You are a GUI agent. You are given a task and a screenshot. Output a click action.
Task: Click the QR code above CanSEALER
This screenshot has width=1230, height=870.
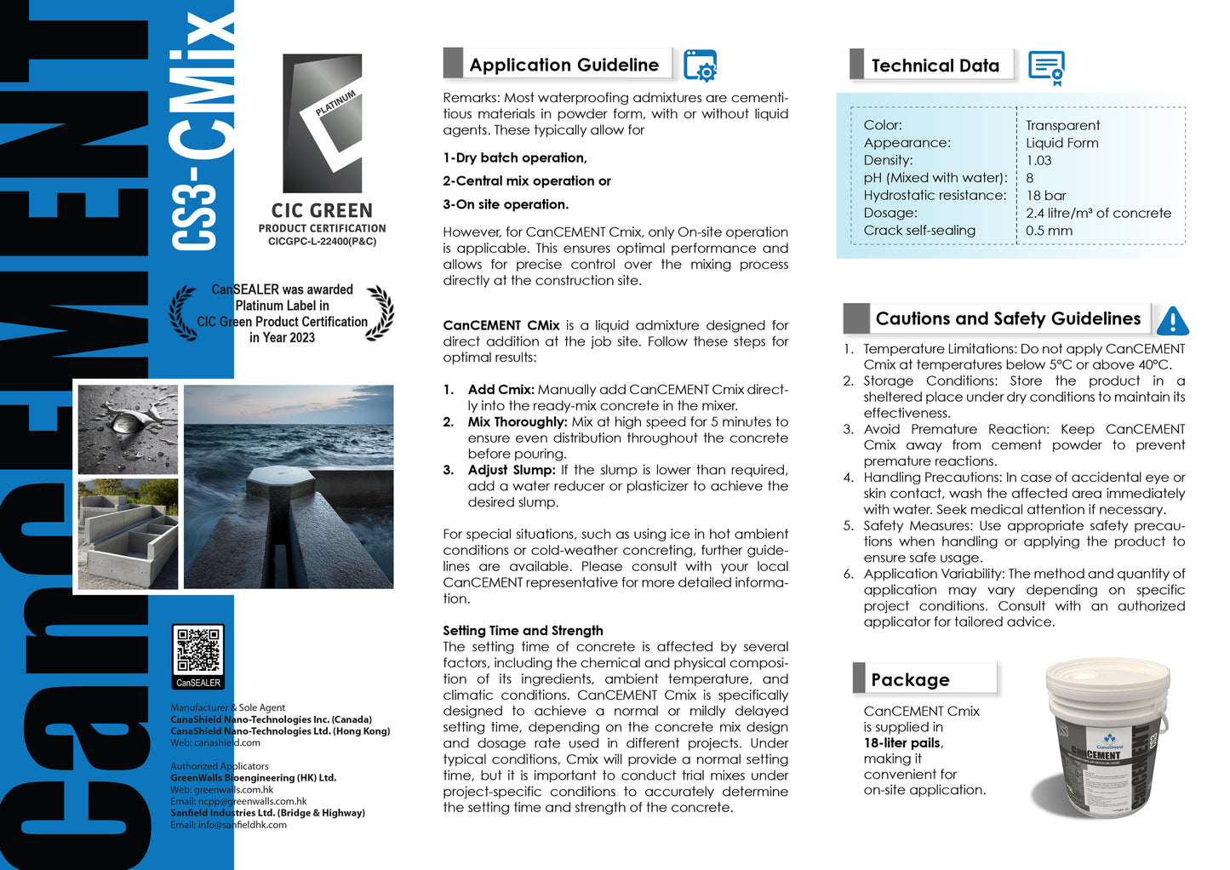(198, 651)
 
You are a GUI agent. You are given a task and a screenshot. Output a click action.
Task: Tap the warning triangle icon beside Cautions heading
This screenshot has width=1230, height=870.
(1172, 321)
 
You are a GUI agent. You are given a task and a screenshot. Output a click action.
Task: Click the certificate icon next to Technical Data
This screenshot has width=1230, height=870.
(1046, 67)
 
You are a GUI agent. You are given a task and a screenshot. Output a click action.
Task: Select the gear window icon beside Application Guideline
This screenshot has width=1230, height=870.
(700, 66)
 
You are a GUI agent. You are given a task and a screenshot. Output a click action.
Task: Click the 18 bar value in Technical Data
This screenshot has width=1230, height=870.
(1045, 196)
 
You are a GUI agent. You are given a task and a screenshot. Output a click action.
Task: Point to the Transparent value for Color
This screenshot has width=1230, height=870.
(1062, 125)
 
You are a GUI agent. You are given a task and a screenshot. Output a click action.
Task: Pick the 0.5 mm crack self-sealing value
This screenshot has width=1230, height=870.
(1049, 231)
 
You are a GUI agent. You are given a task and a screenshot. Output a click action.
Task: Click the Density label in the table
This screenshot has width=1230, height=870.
(888, 160)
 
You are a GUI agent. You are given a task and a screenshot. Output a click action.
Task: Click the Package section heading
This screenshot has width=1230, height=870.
(910, 679)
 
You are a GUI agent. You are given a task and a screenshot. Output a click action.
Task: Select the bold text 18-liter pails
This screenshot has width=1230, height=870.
(902, 743)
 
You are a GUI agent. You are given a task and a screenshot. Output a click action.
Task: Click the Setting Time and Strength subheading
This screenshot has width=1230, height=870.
(523, 631)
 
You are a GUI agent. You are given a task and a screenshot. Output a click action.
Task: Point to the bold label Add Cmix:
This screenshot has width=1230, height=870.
(501, 390)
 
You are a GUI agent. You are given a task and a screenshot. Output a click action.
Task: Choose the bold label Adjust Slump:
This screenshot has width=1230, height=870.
(511, 470)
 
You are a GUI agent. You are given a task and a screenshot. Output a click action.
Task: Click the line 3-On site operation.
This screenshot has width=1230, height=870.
(506, 204)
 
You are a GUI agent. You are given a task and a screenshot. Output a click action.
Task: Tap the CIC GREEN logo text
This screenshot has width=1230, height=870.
(322, 211)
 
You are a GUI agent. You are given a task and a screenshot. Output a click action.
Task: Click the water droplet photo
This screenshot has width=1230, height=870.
(128, 429)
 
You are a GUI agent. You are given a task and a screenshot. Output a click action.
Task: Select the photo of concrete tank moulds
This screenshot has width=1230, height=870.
(128, 534)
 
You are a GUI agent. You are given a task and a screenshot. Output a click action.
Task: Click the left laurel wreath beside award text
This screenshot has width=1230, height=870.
(183, 313)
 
